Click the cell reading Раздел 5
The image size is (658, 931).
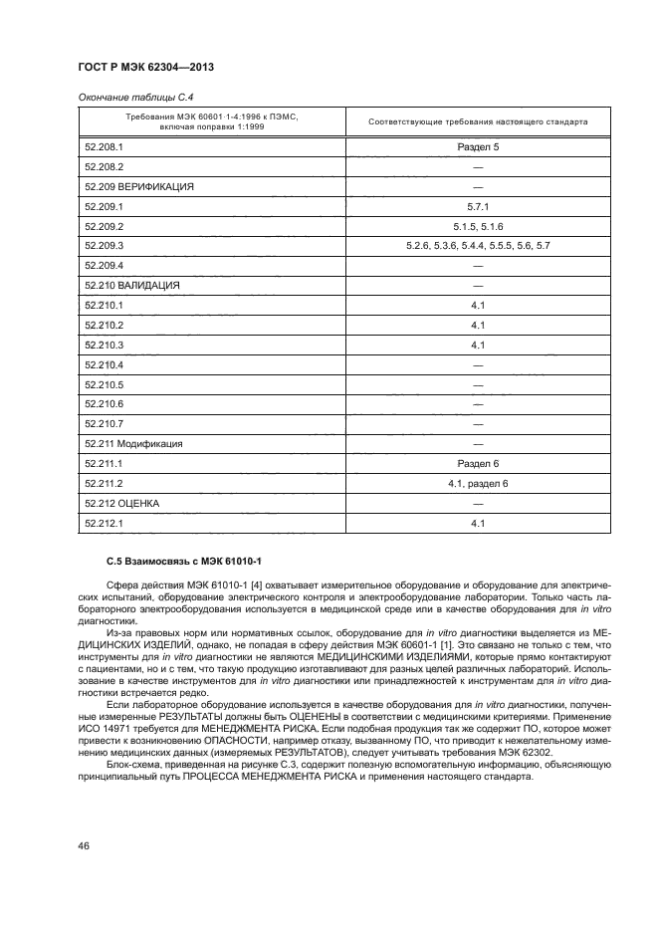tap(477, 147)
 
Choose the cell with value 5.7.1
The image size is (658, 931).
tap(477, 206)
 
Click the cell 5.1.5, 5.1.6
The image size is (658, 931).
tap(477, 226)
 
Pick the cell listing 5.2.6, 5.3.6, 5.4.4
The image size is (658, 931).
tap(477, 246)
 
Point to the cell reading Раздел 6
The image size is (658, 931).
tap(477, 463)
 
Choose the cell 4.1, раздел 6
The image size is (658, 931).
tap(477, 483)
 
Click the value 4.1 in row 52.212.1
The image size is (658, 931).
tap(477, 523)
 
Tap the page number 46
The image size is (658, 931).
tap(86, 846)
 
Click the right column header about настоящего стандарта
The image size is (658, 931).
tap(477, 122)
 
